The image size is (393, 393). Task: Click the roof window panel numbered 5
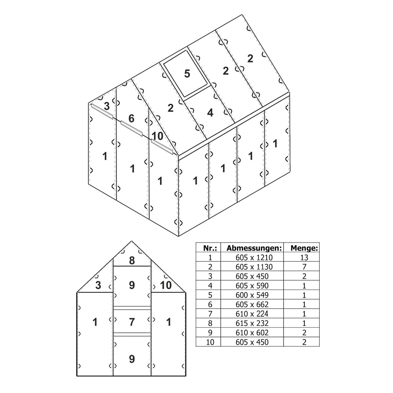pyautogui.click(x=187, y=73)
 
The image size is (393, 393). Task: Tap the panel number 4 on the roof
pyautogui.click(x=210, y=113)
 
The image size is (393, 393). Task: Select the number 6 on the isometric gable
pyautogui.click(x=131, y=119)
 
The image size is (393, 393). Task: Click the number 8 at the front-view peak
pyautogui.click(x=132, y=261)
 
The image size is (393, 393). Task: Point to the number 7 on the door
pyautogui.click(x=132, y=322)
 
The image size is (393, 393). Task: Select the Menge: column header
pyautogui.click(x=304, y=248)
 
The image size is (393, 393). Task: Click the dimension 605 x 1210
pyautogui.click(x=252, y=258)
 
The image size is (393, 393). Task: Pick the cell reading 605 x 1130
pyautogui.click(x=252, y=267)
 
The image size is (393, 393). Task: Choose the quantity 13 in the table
pyautogui.click(x=304, y=258)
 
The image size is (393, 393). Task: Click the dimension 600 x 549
pyautogui.click(x=252, y=295)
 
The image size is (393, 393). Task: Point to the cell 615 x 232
pyautogui.click(x=252, y=323)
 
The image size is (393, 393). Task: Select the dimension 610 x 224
pyautogui.click(x=252, y=314)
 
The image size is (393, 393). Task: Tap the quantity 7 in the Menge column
pyautogui.click(x=304, y=267)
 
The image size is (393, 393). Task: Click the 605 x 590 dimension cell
pyautogui.click(x=252, y=286)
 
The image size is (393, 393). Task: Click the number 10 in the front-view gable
pyautogui.click(x=165, y=285)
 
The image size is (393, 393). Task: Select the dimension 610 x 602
pyautogui.click(x=252, y=333)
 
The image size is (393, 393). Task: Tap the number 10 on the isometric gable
pyautogui.click(x=157, y=136)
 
